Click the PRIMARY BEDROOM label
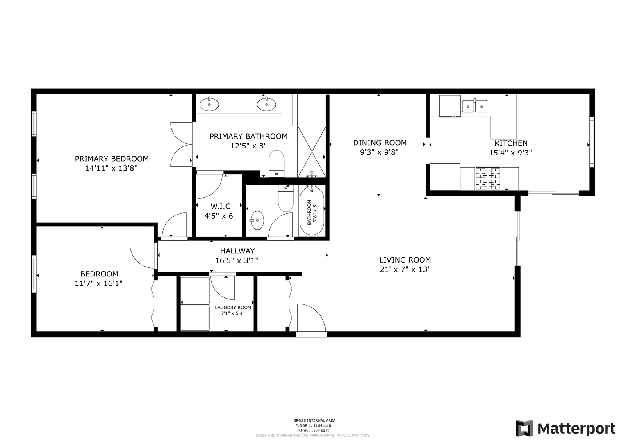[112, 159]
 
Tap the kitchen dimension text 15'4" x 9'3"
[510, 153]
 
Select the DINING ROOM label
[380, 143]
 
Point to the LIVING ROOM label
[405, 260]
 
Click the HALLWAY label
[237, 251]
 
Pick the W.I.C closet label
[221, 206]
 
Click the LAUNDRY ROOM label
[233, 308]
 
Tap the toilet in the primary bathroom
[276, 164]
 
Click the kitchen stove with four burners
[488, 178]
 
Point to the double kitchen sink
[475, 106]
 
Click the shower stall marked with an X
[312, 152]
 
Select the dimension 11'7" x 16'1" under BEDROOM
[98, 283]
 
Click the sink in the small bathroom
[257, 220]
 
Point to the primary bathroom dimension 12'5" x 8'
[248, 146]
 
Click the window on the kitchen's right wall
[592, 142]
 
